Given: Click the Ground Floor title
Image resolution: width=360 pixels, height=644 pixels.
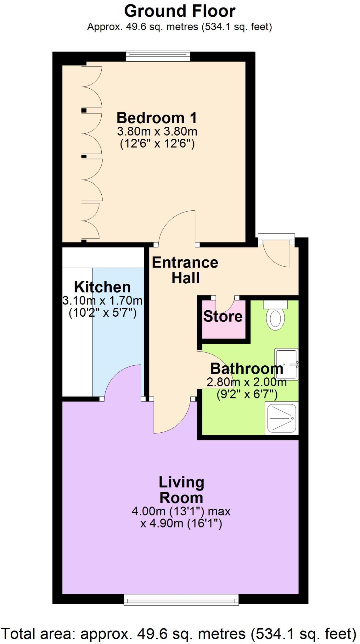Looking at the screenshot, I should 180,11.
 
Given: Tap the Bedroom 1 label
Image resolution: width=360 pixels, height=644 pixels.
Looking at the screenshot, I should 157,118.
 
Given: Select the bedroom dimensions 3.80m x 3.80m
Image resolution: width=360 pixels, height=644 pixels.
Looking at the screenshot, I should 157,131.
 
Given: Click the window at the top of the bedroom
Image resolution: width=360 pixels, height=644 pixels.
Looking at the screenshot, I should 158,56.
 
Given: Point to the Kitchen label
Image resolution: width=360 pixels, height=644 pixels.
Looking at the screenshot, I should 102,287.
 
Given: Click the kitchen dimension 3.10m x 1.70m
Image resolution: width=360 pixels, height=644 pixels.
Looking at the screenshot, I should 102,301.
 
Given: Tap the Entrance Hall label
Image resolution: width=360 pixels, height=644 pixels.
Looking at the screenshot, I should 185,270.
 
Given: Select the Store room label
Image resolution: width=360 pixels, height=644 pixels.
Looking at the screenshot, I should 223,316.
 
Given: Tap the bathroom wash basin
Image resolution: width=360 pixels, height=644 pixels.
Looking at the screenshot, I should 286,364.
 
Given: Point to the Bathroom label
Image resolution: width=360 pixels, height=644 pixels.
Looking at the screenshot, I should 247,369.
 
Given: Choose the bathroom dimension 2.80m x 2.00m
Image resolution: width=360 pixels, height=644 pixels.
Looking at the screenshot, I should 247,382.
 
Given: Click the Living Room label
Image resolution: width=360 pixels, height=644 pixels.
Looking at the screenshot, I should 181,490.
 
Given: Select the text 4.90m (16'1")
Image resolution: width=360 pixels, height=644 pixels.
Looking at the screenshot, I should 181,524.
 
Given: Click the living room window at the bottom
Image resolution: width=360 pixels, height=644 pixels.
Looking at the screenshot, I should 181,599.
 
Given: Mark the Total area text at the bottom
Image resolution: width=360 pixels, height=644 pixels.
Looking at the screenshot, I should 179,634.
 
